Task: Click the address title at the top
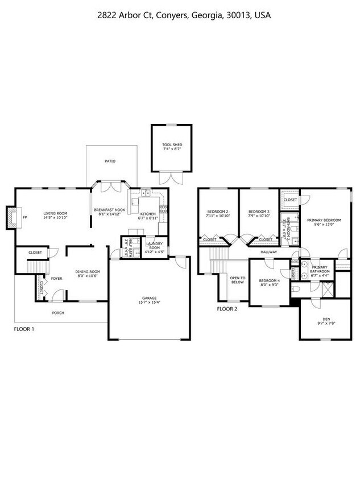coord(180,16)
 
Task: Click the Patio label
coord(110,161)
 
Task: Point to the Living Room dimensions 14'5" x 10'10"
coord(56,218)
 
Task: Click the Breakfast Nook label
coord(109,210)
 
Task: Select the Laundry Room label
coord(154,246)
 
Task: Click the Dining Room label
coord(88,271)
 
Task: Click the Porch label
coord(58,313)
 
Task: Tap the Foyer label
coord(56,279)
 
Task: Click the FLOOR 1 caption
coord(24,329)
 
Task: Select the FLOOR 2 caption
coord(227,309)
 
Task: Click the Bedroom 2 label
coord(218,212)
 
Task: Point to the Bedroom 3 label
coord(259,212)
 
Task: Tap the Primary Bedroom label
coord(324,220)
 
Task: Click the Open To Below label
coord(237,280)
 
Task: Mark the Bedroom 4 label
coord(269,281)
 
